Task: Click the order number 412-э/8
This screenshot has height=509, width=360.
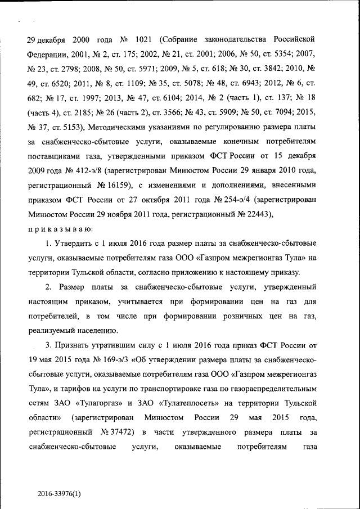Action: pos(92,169)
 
